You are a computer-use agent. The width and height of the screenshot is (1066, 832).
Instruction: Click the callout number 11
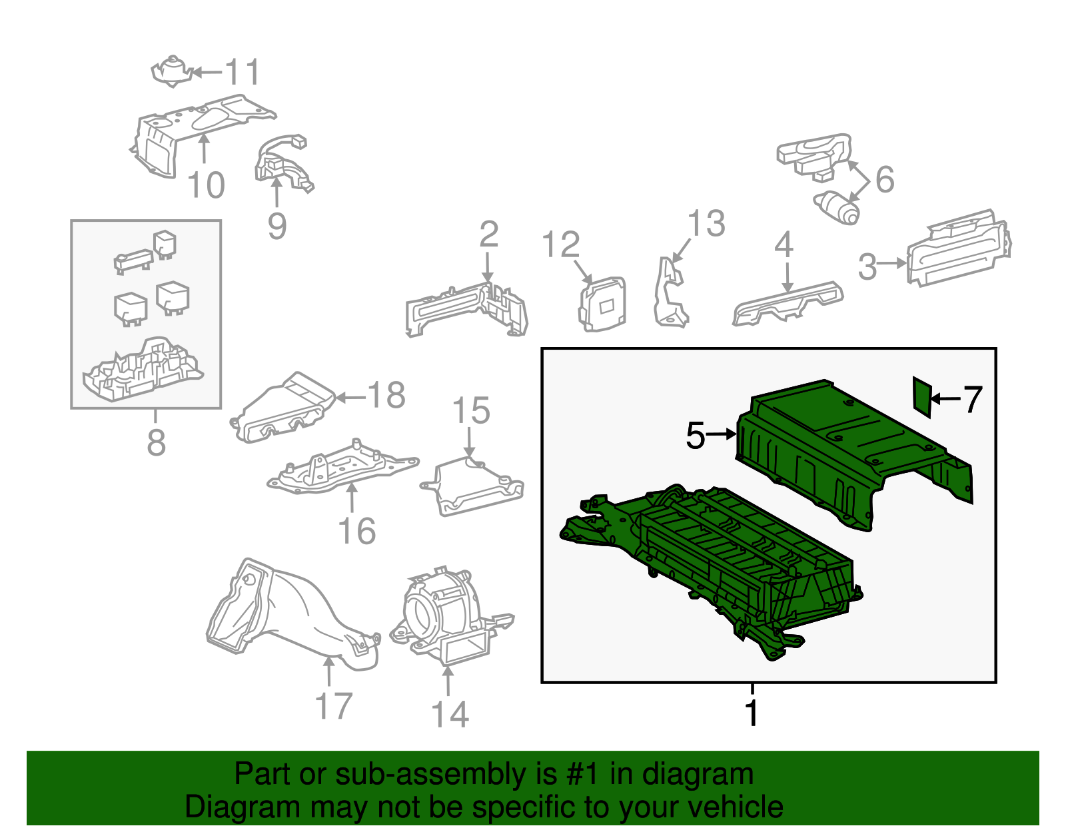click(x=242, y=72)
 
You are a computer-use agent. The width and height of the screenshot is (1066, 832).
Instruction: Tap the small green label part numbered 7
click(x=921, y=396)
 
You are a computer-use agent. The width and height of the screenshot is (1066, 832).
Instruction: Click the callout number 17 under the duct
click(x=333, y=706)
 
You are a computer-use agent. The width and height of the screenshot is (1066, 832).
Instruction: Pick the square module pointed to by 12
click(x=604, y=304)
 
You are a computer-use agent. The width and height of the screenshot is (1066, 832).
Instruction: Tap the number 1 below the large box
click(x=752, y=713)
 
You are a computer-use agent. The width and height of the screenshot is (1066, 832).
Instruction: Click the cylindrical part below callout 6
click(x=838, y=207)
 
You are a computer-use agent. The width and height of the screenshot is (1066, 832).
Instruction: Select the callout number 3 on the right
click(x=867, y=266)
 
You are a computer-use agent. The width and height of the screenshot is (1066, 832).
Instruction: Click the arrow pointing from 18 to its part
click(x=350, y=398)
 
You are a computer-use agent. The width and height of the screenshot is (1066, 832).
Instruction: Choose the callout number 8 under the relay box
click(x=156, y=442)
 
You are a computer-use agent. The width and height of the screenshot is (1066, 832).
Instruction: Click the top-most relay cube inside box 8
click(x=165, y=243)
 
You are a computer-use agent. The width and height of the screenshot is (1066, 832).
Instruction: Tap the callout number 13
click(x=706, y=224)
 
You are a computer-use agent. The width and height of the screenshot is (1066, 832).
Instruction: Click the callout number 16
click(x=357, y=532)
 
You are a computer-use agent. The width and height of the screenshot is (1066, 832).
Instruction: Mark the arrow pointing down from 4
click(x=788, y=276)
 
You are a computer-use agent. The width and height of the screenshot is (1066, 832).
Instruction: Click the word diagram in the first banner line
click(x=697, y=774)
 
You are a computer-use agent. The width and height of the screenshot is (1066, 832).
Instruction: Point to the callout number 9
click(x=276, y=226)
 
